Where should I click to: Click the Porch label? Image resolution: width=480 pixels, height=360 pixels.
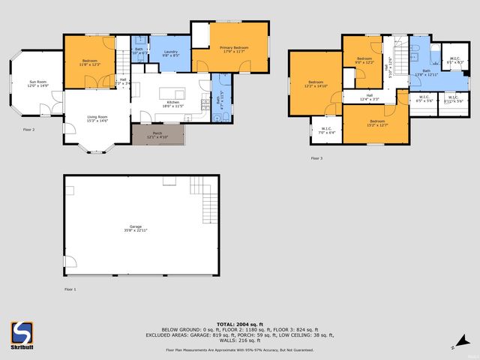tap(157, 133)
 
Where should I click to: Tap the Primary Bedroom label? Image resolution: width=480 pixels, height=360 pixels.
tap(234, 47)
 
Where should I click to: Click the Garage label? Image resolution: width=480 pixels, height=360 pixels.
tap(136, 226)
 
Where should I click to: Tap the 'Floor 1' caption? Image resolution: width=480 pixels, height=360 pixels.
tap(70, 289)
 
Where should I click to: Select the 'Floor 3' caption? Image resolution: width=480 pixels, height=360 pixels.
tap(317, 158)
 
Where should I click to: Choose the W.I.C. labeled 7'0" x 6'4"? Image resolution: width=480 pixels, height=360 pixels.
tap(326, 130)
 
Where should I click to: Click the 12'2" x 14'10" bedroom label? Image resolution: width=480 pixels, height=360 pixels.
tap(315, 83)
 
